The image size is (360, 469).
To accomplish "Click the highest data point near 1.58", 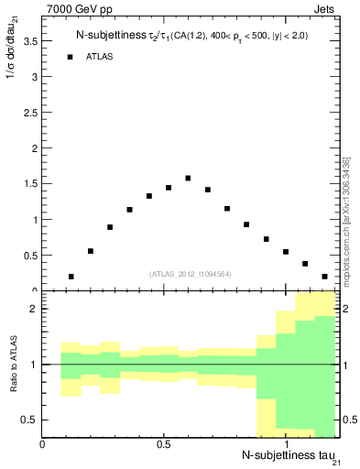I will coord(188,179).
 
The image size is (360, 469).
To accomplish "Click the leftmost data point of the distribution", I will coord(71,277).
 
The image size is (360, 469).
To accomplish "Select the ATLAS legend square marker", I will coord(70,57).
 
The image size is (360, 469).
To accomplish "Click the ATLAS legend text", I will coord(99,57).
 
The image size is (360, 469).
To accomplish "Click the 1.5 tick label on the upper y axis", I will coord(31,184).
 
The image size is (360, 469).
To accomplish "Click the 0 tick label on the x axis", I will coord(43,445).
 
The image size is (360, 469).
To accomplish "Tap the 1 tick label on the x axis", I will coord(285,445).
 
